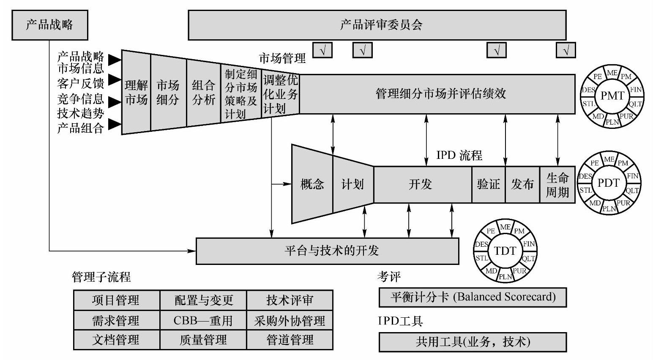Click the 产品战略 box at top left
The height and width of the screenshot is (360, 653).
(x=50, y=25)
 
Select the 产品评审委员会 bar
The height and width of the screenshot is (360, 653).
(x=377, y=25)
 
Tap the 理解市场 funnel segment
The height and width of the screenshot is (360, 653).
(x=136, y=92)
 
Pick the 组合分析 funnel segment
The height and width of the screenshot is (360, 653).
(x=203, y=92)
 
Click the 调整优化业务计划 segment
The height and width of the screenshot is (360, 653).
(x=280, y=94)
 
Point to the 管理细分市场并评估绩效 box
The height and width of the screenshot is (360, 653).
(x=437, y=94)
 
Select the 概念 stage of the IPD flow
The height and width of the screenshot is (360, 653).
(x=312, y=184)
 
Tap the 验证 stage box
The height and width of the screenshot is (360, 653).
(x=488, y=184)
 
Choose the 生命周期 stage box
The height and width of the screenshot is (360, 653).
(x=557, y=184)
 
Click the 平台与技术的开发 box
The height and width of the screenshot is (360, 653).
(x=327, y=251)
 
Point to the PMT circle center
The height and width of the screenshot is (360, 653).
(x=612, y=95)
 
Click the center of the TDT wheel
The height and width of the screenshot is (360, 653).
(x=505, y=251)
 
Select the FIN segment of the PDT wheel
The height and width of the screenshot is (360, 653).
(x=633, y=176)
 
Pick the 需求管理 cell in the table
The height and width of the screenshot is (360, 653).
(x=116, y=321)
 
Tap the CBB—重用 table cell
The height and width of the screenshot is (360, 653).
(x=203, y=321)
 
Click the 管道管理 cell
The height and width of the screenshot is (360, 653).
(x=290, y=340)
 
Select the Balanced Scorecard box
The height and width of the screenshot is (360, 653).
(x=473, y=297)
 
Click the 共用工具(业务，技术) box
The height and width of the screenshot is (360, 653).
(x=473, y=342)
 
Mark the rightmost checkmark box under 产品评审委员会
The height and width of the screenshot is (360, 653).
(x=566, y=50)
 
